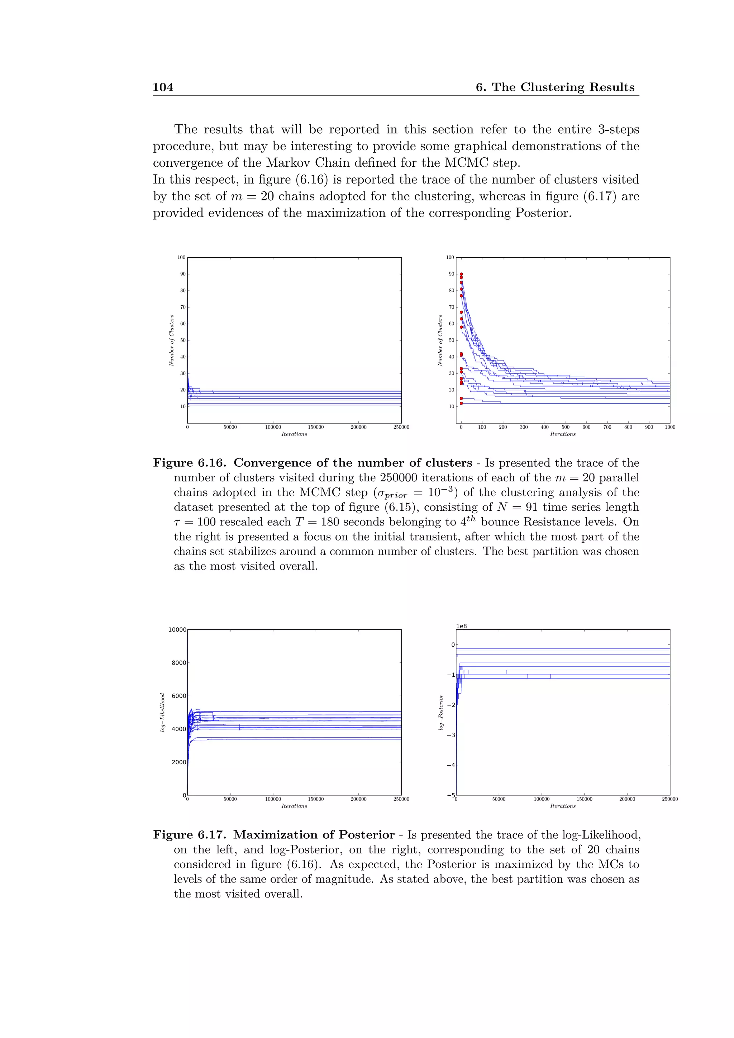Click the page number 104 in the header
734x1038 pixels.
click(x=163, y=87)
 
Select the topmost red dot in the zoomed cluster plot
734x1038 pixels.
click(x=461, y=274)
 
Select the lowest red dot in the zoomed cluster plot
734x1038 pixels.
click(x=461, y=403)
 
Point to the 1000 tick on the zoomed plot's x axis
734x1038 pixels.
click(x=669, y=427)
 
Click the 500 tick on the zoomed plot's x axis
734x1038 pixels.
click(x=566, y=427)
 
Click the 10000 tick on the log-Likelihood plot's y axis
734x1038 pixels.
click(x=177, y=630)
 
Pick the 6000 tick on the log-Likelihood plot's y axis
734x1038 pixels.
click(x=178, y=696)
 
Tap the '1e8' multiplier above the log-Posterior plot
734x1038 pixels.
click(x=462, y=626)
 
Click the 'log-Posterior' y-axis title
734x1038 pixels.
click(x=441, y=713)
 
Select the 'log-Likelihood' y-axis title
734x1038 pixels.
click(x=162, y=713)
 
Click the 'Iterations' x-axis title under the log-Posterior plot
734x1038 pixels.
click(x=563, y=806)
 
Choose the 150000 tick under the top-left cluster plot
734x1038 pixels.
click(x=315, y=427)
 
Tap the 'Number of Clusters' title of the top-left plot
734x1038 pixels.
click(x=172, y=341)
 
